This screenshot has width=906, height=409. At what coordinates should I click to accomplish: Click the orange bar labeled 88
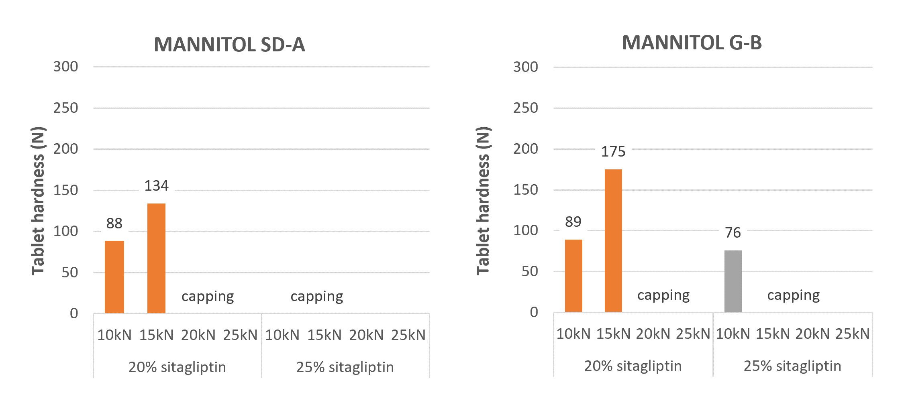click(x=114, y=277)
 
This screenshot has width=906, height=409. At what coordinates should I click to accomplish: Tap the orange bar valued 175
click(x=613, y=241)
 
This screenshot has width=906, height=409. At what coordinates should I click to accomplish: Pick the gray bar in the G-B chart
click(x=733, y=281)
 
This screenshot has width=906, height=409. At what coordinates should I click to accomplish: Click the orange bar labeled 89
click(x=573, y=276)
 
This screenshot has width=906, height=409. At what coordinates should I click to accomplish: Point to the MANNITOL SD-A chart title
click(x=229, y=45)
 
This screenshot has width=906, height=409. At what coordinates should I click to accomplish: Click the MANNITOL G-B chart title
click(x=692, y=43)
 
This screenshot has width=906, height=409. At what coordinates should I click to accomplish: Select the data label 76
click(x=733, y=233)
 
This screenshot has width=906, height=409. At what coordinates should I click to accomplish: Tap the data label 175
click(x=613, y=152)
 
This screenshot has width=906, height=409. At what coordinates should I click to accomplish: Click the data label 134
click(x=156, y=186)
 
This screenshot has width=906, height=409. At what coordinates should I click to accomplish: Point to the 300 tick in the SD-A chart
click(x=65, y=67)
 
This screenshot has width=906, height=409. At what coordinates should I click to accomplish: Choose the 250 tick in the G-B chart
click(x=525, y=108)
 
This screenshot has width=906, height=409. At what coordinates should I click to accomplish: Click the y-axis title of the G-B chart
click(x=483, y=201)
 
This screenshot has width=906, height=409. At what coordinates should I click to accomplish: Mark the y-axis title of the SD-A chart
click(x=38, y=201)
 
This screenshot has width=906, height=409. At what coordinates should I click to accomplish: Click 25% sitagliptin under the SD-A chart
click(x=345, y=367)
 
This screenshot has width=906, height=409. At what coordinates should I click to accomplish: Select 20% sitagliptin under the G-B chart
click(x=633, y=366)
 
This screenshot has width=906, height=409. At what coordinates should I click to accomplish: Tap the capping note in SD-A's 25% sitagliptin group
click(x=317, y=297)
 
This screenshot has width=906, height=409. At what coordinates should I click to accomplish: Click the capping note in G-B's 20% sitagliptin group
click(x=663, y=295)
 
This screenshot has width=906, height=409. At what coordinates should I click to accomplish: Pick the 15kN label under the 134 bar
click(x=156, y=335)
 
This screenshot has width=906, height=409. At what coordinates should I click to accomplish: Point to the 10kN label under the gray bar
click(x=733, y=334)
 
